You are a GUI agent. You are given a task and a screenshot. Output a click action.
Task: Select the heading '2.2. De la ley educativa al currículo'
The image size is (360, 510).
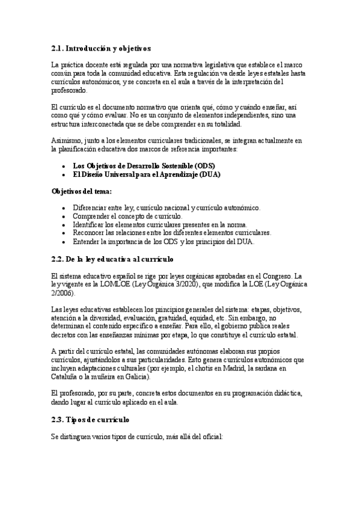pyautogui.click(x=112, y=259)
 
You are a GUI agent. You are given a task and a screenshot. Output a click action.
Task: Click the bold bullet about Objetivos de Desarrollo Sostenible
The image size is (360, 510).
pyautogui.click(x=144, y=165)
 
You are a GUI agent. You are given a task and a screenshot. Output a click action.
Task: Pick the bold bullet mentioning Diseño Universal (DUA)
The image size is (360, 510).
pyautogui.click(x=146, y=174)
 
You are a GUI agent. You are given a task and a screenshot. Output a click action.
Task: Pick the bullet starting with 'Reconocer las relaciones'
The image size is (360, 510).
pyautogui.click(x=172, y=233)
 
